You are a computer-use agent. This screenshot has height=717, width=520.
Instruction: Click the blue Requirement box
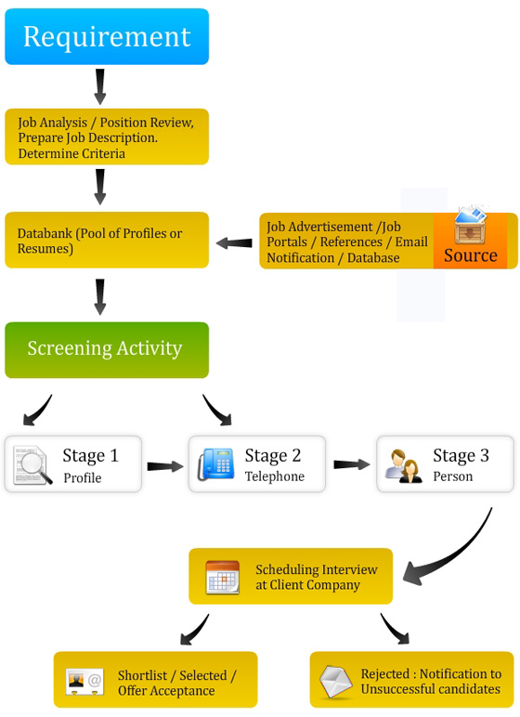point(107,37)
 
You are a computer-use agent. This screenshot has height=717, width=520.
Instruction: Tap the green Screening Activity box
point(107,349)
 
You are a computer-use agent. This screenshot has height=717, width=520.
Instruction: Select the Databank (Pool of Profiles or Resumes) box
point(107,241)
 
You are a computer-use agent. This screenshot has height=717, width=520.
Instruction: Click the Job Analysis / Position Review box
point(107,137)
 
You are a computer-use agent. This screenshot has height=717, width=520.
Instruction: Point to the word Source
point(470,255)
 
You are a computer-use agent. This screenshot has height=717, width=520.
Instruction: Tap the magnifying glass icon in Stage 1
point(32,465)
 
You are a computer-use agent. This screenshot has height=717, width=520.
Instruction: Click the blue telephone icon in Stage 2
point(216,464)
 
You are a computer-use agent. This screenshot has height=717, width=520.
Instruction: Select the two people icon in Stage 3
point(405,464)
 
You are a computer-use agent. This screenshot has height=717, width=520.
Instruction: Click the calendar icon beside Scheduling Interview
point(223,577)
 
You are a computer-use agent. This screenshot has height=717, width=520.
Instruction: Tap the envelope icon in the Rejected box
point(336,682)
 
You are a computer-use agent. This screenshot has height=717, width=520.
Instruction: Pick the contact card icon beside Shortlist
point(84,682)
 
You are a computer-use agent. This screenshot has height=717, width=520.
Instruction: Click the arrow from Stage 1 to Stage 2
point(165,465)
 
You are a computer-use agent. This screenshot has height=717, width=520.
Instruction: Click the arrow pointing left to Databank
point(234,243)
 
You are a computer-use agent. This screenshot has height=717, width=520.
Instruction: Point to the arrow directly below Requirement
point(100,86)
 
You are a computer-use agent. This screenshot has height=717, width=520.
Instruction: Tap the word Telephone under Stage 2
point(274,477)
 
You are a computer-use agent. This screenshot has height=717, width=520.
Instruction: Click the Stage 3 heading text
point(461,455)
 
